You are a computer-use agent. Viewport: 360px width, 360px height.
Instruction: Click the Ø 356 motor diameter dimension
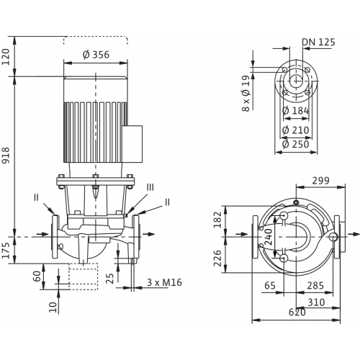[96, 55]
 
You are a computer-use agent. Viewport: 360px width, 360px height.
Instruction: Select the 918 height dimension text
[6, 156]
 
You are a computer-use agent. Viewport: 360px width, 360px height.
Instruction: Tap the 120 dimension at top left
[6, 57]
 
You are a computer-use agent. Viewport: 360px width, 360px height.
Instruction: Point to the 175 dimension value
[6, 251]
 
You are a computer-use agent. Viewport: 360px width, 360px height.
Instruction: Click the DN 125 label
[318, 42]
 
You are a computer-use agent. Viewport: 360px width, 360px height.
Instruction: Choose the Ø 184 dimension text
[296, 111]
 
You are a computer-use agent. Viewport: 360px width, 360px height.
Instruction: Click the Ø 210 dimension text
[296, 130]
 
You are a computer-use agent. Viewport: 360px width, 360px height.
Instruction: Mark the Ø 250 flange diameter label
[296, 144]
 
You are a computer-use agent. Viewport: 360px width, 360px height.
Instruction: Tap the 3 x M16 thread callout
[164, 282]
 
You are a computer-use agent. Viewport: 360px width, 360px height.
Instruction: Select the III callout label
[150, 187]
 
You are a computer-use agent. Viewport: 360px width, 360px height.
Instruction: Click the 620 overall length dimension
[297, 312]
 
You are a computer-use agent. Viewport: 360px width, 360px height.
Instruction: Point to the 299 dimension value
[320, 181]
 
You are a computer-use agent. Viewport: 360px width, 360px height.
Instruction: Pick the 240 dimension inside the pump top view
[269, 237]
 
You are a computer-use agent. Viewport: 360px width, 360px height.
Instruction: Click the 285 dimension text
[315, 286]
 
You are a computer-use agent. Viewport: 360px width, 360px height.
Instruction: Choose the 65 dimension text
[270, 286]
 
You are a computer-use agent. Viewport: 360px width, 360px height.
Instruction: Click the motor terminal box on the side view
[132, 144]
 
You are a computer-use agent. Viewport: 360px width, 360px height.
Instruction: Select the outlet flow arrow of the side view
[148, 234]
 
